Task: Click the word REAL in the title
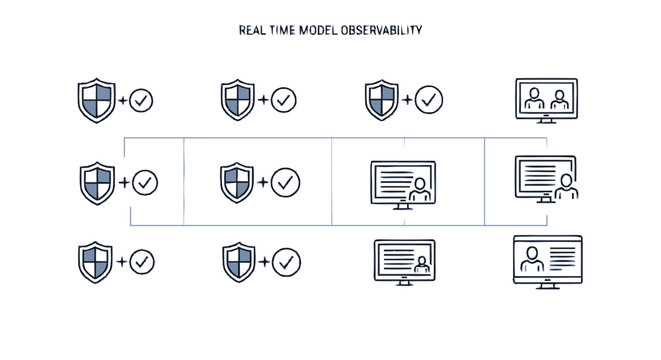point(251,30)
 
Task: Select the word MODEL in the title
point(320,30)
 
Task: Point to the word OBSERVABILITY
point(382,30)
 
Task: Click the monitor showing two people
point(545,100)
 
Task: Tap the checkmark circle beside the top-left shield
point(141,100)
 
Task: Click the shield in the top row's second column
point(237,100)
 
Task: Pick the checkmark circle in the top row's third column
point(429,100)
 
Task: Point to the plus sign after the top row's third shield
point(407,100)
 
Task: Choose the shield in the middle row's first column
point(95,183)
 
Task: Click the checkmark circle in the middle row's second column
point(286,183)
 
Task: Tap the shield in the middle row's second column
point(236,183)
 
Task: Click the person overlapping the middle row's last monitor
point(567,186)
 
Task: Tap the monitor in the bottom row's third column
point(404,261)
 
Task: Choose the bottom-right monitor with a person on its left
point(546,260)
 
